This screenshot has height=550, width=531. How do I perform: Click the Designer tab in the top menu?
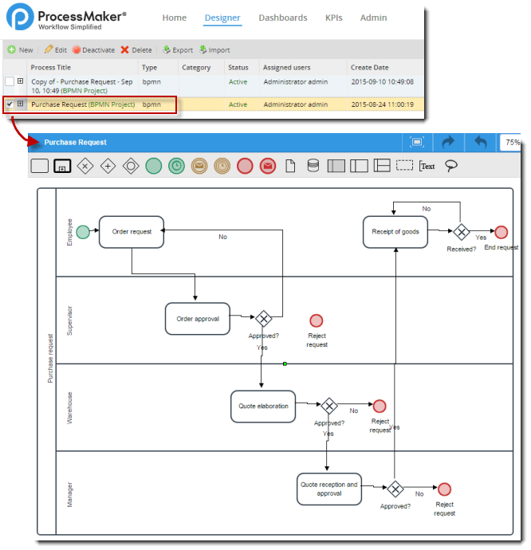click(x=222, y=18)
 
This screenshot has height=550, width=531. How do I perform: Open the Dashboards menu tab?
click(x=283, y=18)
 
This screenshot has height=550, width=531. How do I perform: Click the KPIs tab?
click(x=334, y=18)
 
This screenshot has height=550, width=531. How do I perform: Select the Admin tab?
click(x=373, y=18)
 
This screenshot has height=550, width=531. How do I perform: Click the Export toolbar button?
click(x=178, y=49)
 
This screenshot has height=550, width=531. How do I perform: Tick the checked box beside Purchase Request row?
click(x=10, y=104)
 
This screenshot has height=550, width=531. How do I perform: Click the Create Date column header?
click(x=370, y=68)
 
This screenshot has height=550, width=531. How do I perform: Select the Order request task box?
click(x=132, y=231)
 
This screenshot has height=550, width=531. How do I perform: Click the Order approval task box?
click(x=197, y=319)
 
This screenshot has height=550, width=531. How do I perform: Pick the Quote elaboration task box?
click(x=263, y=406)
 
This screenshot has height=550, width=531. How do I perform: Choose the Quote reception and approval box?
click(x=328, y=489)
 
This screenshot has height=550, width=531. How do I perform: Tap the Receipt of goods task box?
click(x=395, y=232)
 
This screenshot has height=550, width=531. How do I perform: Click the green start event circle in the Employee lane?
click(x=83, y=232)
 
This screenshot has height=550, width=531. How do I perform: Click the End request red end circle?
click(x=501, y=232)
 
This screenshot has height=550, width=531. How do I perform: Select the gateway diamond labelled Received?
click(x=461, y=232)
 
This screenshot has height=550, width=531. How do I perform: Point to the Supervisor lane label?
click(x=69, y=320)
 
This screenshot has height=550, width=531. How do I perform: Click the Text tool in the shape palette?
click(x=427, y=166)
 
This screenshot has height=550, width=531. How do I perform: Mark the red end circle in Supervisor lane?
click(x=317, y=320)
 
